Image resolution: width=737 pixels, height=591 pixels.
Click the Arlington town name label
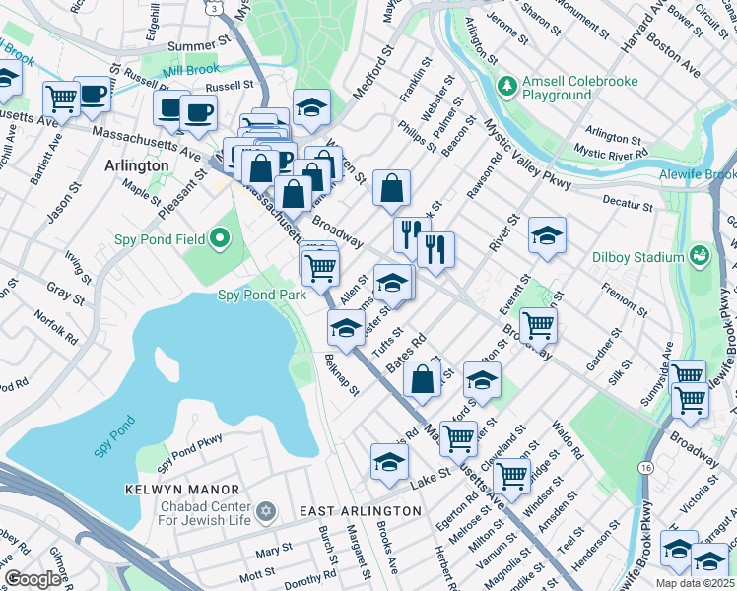pyautogui.click(x=137, y=165)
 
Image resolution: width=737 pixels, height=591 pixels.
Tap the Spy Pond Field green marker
pyautogui.click(x=220, y=239)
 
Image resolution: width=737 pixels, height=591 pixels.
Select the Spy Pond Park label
pyautogui.click(x=255, y=295)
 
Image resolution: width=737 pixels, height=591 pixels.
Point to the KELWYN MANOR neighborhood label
pyautogui.click(x=182, y=490)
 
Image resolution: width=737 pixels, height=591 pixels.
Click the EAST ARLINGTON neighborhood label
pyautogui.click(x=361, y=511)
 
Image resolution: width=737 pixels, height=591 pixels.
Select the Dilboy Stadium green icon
pyautogui.click(x=701, y=257)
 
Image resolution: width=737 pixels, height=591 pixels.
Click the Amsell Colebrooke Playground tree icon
pyautogui.click(x=508, y=87)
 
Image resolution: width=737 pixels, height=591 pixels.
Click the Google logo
pyautogui.click(x=33, y=579)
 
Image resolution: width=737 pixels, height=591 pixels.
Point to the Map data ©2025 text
pyautogui.click(x=694, y=583)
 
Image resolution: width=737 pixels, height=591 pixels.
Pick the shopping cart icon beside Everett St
pyautogui.click(x=539, y=324)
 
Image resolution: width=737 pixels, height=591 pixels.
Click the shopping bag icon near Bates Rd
pyautogui.click(x=422, y=379)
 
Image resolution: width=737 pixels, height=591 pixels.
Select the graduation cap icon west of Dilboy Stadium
pyautogui.click(x=547, y=235)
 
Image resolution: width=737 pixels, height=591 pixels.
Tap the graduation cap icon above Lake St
pyautogui.click(x=389, y=461)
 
